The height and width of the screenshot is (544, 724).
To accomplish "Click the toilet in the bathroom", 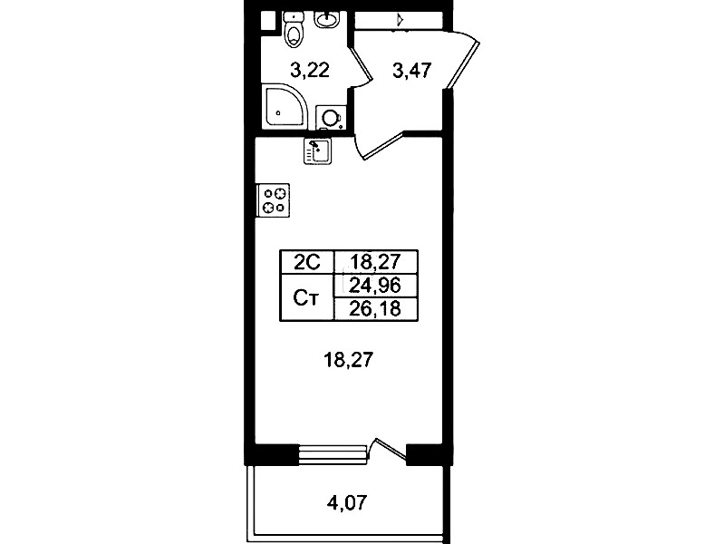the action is click(294, 30).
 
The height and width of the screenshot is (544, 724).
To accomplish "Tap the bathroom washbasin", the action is click(326, 20).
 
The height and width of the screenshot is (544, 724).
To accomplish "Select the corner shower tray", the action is click(285, 106).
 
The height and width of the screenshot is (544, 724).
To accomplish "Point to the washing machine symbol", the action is click(331, 118).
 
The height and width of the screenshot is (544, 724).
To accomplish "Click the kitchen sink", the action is click(317, 151).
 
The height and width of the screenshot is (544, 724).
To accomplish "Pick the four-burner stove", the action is click(274, 200).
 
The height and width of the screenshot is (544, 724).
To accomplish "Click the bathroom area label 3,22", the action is click(310, 70).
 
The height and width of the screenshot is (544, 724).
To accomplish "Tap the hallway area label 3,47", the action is click(412, 71).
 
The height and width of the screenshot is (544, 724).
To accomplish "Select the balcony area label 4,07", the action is click(347, 502).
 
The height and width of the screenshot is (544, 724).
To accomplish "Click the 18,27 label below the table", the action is click(349, 359).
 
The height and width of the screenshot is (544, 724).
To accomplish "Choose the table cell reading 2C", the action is click(307, 263).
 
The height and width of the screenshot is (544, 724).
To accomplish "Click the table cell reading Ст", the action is click(306, 297).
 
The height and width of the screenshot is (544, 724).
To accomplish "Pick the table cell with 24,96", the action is click(375, 286).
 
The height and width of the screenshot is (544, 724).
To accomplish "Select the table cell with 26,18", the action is click(375, 309).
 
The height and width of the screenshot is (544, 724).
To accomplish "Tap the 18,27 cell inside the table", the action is click(375, 263).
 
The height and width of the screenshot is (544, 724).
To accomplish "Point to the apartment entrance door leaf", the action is click(463, 64).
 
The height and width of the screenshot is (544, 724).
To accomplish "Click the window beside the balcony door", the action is click(333, 453).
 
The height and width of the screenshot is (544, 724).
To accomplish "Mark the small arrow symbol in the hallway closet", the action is click(401, 20).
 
